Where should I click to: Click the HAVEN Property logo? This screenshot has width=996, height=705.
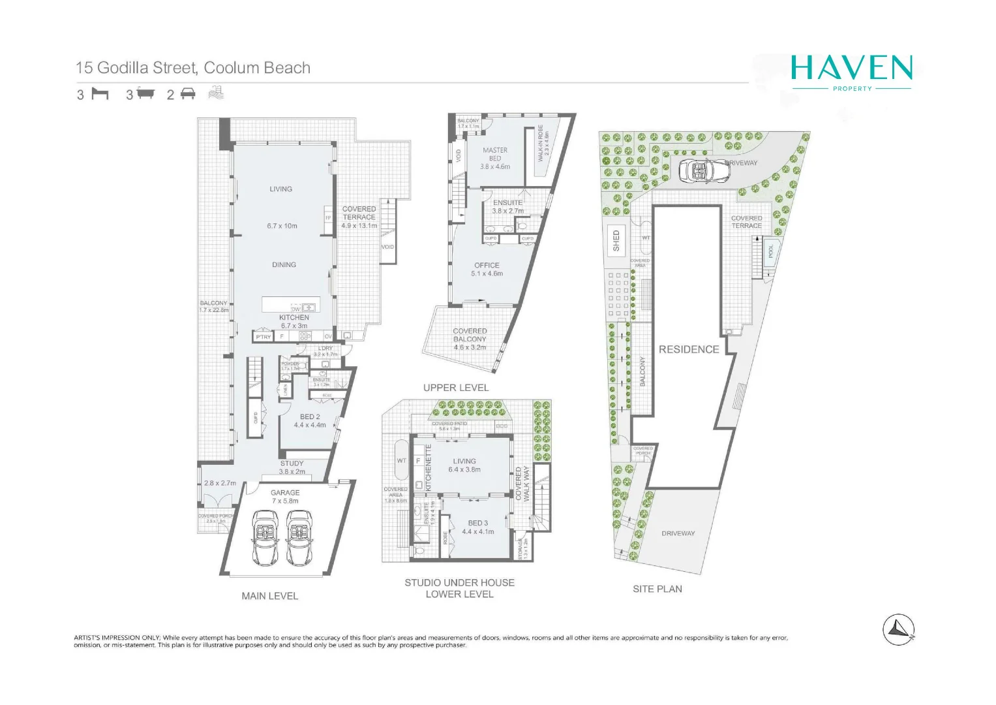pos(851,72)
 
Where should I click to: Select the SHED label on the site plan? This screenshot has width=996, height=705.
pos(616,240)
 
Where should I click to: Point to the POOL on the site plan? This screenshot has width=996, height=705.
pos(770,251)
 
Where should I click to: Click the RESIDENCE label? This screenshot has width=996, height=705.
pos(688,349)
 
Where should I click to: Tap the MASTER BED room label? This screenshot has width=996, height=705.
pos(494,154)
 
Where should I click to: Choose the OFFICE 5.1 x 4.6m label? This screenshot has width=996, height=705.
pos(487,269)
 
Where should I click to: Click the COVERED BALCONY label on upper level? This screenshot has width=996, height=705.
pos(470,335)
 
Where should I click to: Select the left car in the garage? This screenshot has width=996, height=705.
pos(265,537)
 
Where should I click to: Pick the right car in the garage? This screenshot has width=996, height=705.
pos(299,537)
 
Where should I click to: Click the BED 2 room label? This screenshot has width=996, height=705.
pos(310,420)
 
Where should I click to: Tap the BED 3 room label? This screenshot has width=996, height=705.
pos(477,527)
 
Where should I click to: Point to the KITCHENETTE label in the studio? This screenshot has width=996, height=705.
pos(429,467)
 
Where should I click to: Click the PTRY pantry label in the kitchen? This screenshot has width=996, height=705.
pos(263,337)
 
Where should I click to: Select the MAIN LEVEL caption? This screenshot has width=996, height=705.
pos(269,595)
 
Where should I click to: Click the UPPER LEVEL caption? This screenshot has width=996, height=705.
pos(455,387)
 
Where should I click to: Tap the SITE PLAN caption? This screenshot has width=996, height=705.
pos(657,588)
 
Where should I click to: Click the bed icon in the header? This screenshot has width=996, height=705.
pos(100,94)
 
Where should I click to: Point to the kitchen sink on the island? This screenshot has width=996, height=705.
pos(308,307)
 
